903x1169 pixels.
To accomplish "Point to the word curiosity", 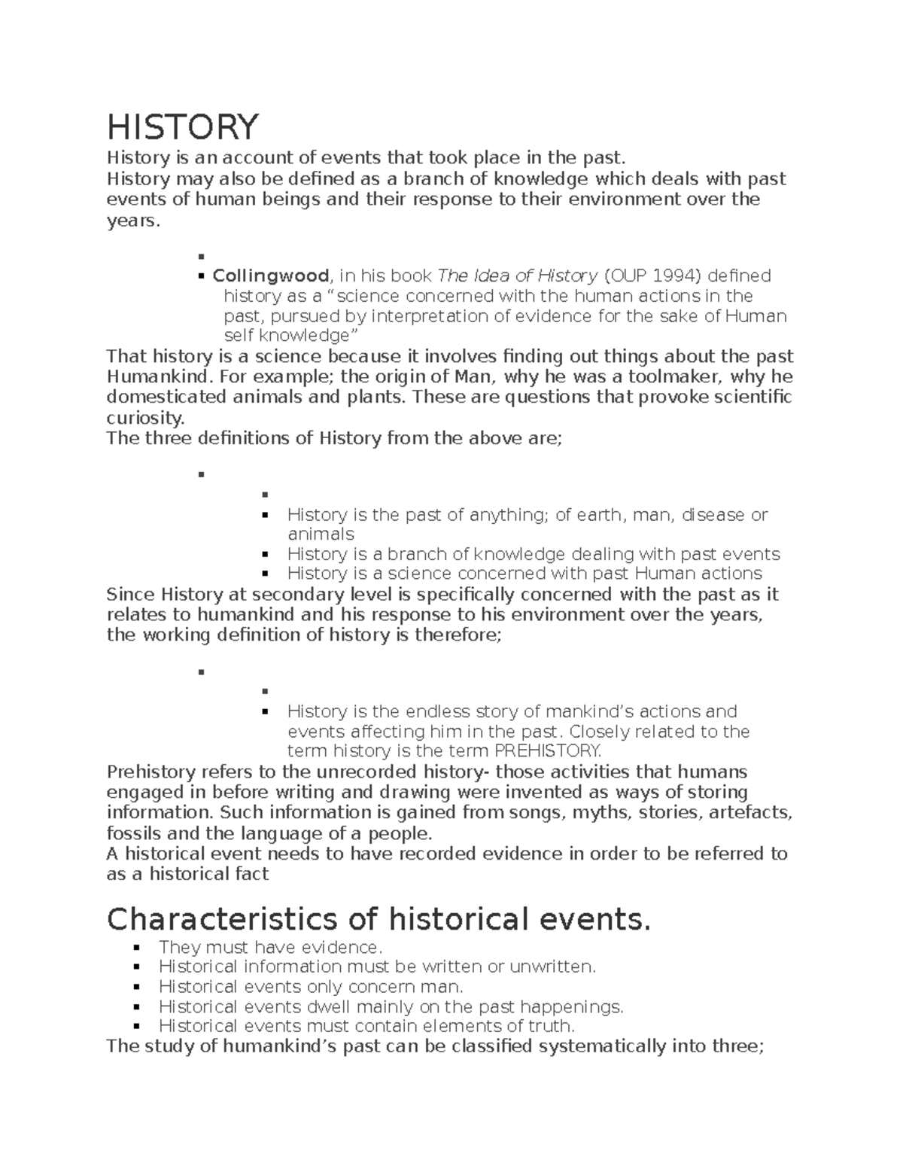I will click(x=144, y=418).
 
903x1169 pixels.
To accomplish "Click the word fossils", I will click(x=132, y=833).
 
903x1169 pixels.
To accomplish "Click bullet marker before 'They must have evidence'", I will click(x=136, y=948).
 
